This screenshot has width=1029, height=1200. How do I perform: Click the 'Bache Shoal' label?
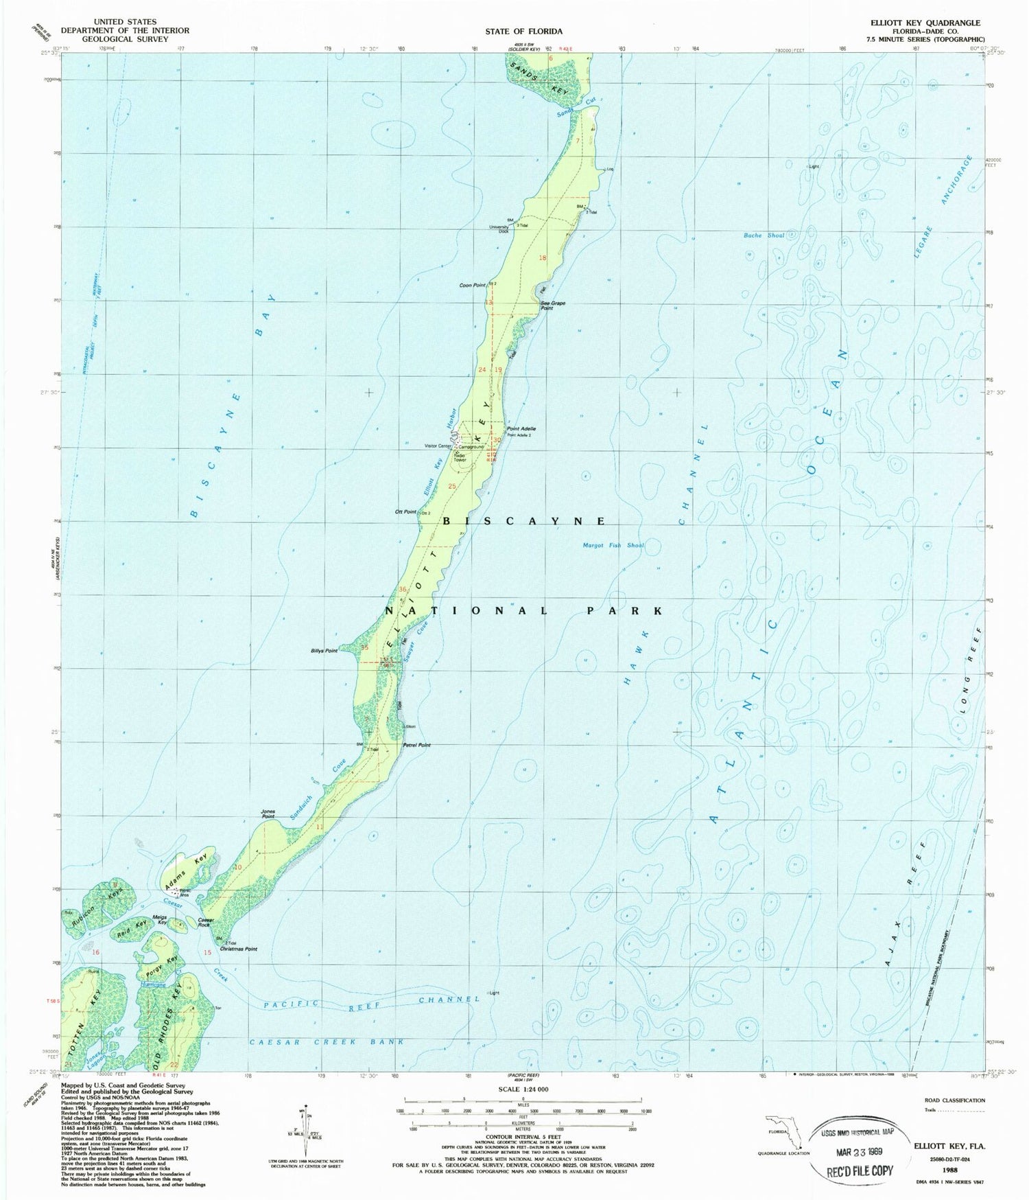[x=764, y=235]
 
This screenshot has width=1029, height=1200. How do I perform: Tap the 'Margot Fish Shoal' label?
[x=613, y=545]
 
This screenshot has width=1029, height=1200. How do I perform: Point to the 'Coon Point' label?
[x=473, y=286]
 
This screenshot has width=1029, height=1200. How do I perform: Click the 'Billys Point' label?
[x=324, y=650]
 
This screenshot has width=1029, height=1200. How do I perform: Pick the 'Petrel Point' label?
[x=416, y=745]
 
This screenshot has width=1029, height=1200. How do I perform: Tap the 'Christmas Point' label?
[x=239, y=949]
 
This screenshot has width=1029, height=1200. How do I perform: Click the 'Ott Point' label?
[x=406, y=511]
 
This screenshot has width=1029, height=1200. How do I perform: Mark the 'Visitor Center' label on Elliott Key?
[x=438, y=446]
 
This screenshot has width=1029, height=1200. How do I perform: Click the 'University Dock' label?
[x=499, y=229]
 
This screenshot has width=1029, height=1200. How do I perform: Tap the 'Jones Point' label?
[x=268, y=814]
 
